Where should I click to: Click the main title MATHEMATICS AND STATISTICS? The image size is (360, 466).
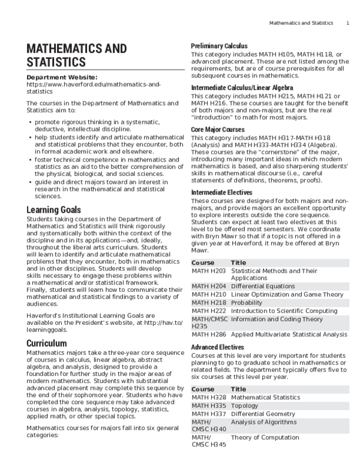click(x=77, y=55)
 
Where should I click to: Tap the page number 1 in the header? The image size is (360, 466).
click(x=347, y=23)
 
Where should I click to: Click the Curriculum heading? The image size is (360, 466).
click(x=50, y=343)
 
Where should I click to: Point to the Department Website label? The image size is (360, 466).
click(x=62, y=77)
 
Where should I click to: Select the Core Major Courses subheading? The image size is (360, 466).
click(x=217, y=129)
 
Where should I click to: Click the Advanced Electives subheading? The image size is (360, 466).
click(x=217, y=347)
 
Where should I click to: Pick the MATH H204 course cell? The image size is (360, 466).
click(x=209, y=286)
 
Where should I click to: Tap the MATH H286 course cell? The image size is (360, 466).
click(x=209, y=334)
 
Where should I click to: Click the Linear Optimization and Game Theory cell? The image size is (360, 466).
click(x=287, y=295)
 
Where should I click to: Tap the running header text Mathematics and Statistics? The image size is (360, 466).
click(x=301, y=23)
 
